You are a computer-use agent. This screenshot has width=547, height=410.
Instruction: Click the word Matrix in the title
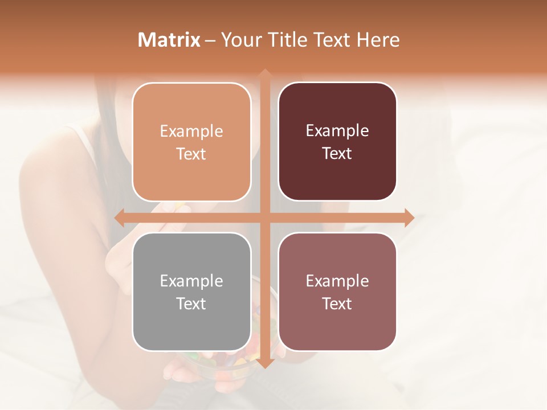(169, 40)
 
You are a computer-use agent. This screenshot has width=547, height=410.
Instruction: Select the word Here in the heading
(378, 40)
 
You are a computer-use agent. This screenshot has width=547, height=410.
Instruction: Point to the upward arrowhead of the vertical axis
(264, 74)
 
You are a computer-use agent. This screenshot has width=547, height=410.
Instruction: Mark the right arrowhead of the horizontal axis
(409, 218)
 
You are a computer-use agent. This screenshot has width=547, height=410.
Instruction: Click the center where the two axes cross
(264, 218)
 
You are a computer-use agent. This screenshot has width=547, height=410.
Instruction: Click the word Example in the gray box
(191, 281)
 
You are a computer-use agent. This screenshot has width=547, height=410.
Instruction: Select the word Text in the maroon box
(337, 154)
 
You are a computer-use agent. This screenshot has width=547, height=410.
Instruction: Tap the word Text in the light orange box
(191, 154)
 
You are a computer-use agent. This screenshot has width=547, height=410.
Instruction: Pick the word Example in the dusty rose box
(337, 281)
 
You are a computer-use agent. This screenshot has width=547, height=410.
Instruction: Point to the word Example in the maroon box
(337, 131)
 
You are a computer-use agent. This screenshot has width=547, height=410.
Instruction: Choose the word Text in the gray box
(191, 304)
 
